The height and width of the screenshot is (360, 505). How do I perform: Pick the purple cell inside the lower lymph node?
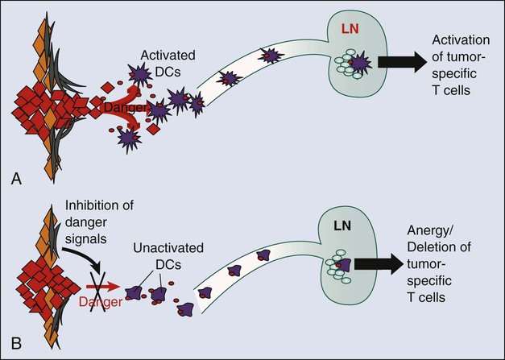(x=344, y=263)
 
